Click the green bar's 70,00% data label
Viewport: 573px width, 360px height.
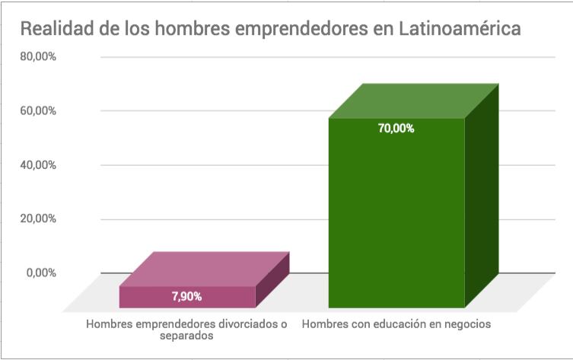(396, 129)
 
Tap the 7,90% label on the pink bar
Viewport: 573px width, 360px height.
(186, 296)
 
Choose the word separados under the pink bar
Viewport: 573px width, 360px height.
(187, 336)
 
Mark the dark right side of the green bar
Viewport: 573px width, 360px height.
(481, 198)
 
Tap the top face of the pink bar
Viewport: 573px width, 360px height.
(204, 269)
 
